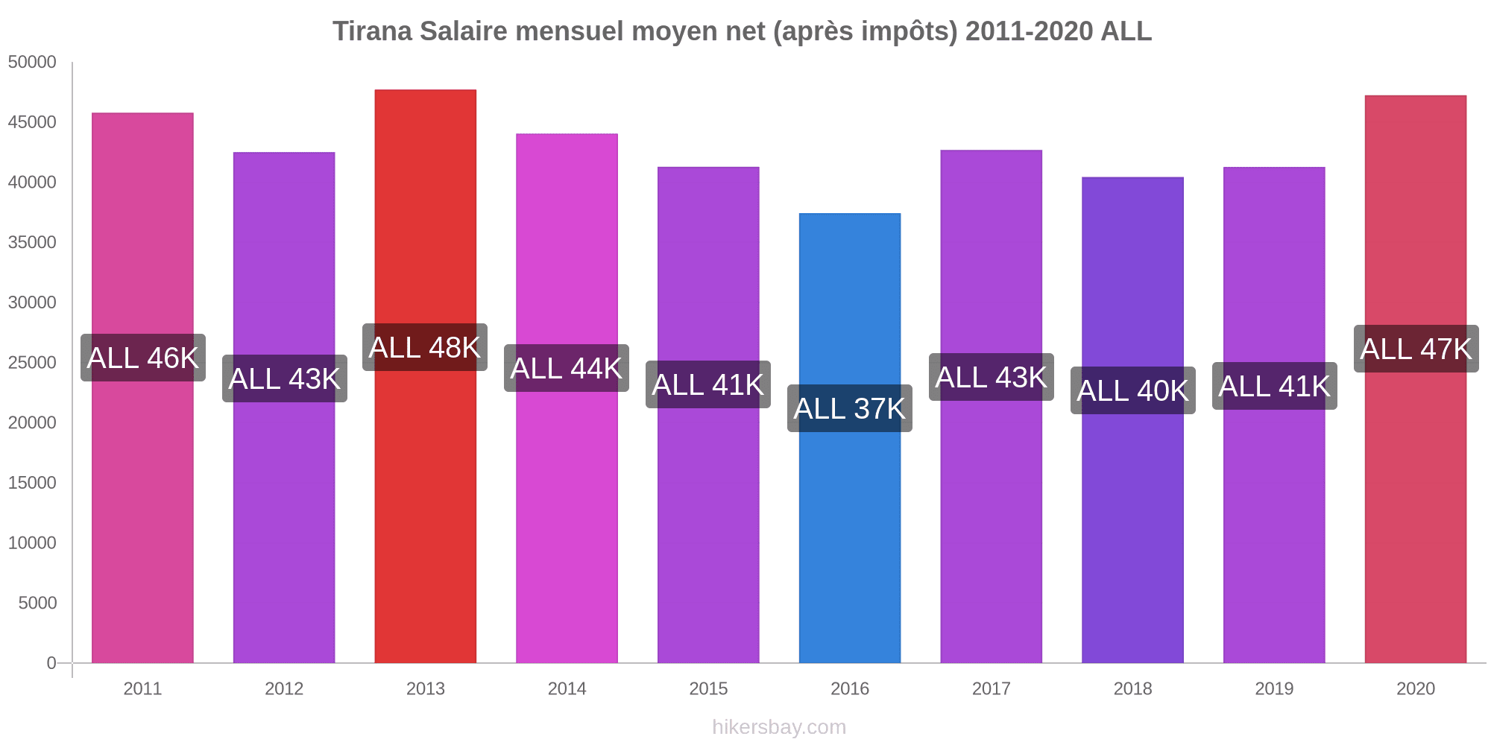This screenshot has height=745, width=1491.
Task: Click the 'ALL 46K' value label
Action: (x=143, y=358)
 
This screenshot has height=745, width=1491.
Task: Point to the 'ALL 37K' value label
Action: (x=849, y=409)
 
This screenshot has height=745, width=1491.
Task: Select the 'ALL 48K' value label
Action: (x=425, y=348)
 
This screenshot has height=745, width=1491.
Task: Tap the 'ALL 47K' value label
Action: (x=1416, y=349)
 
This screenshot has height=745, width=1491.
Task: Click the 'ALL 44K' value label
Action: (x=567, y=369)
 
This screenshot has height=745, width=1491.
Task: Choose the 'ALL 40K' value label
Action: (x=1132, y=391)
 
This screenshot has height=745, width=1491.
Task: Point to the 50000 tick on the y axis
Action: (x=32, y=63)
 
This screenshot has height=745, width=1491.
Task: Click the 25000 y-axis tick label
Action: (x=32, y=363)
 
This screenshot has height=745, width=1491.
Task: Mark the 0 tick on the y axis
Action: (x=51, y=663)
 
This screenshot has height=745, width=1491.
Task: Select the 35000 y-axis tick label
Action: (x=32, y=243)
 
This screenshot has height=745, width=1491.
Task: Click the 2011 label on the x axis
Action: (x=143, y=689)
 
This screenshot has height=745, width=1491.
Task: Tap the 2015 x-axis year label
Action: (x=708, y=689)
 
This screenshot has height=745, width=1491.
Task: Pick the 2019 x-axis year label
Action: (x=1274, y=689)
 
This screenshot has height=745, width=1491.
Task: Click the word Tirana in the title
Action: (x=372, y=31)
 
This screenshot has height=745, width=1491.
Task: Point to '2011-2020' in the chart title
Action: (x=1029, y=31)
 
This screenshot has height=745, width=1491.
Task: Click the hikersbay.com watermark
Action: (x=779, y=727)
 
